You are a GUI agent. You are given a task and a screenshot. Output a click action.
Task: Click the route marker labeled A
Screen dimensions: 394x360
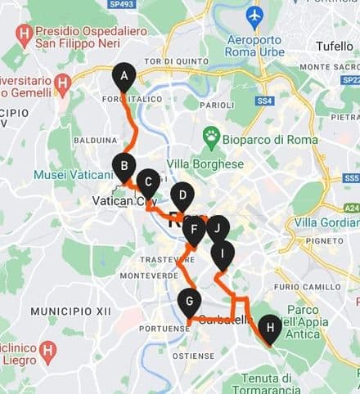click(124, 78)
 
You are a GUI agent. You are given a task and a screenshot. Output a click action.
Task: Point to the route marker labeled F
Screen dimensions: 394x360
click(194, 229)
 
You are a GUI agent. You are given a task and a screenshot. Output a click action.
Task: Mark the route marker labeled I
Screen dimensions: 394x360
click(222, 254)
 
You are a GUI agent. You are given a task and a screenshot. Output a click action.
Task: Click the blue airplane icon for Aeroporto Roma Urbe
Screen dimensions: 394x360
click(254, 15)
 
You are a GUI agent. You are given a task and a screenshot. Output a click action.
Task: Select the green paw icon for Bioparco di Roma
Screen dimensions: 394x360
click(213, 137)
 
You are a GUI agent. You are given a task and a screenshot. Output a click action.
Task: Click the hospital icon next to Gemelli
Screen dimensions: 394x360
click(62, 83)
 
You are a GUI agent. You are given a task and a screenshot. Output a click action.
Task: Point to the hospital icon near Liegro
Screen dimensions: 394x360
click(48, 352)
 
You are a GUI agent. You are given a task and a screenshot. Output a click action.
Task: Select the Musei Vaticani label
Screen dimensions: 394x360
click(73, 175)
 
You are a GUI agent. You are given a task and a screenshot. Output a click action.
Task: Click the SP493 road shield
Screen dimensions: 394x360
click(122, 4)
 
